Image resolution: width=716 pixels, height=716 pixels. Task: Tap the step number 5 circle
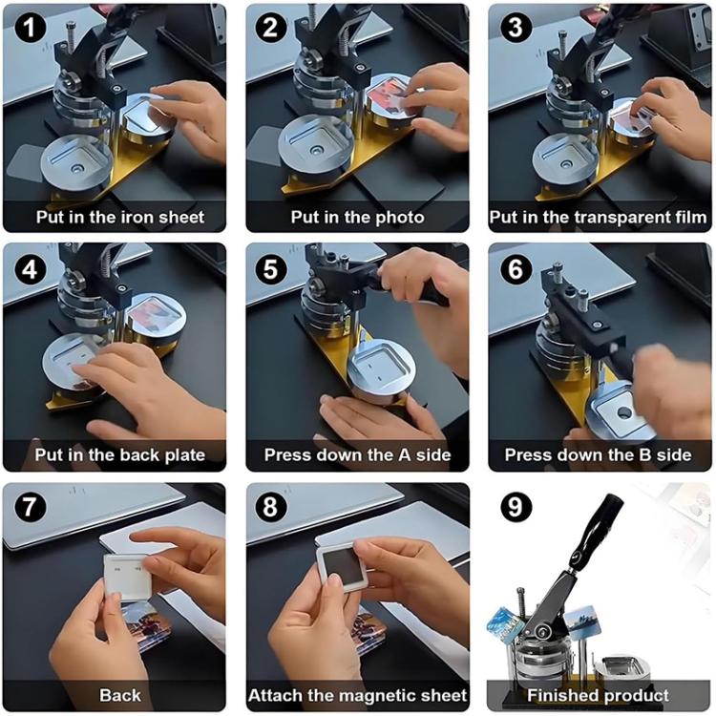pos(270,268)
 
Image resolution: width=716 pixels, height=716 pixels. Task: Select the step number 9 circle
pos(515,507)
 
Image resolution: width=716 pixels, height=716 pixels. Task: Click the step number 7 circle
pos(28,507)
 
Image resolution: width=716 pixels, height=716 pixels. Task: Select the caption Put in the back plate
pos(120,455)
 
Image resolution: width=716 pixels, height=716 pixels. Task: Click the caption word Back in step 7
pos(119,695)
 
